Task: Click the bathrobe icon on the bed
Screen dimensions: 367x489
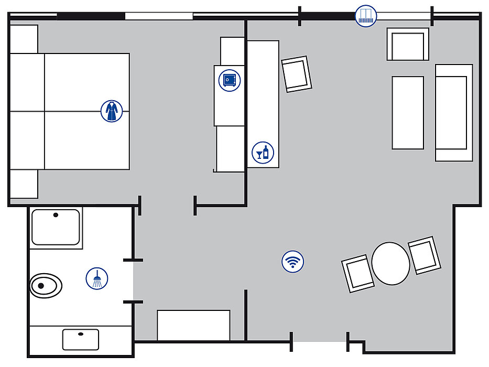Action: point(111,111)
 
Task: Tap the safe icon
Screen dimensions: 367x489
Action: point(229,80)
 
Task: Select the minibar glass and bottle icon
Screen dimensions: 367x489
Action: point(263,153)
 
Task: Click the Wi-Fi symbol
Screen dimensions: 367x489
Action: point(292,261)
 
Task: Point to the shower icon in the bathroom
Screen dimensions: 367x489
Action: point(97,278)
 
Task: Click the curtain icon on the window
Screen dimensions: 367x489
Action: point(366,16)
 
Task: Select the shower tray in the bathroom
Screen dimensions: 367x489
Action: point(56,228)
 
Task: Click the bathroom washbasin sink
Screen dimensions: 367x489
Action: point(81,339)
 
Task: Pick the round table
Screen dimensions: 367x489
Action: point(391,263)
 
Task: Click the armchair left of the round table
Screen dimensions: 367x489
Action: point(358,273)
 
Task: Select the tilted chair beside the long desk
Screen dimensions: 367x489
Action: point(297,74)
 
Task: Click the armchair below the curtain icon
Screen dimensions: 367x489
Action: point(408,44)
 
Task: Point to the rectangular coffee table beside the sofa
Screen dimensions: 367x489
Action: point(408,112)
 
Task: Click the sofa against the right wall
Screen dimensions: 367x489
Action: point(454,112)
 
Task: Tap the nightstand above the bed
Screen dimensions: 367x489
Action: point(24,39)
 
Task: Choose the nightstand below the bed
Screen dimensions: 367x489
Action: point(24,183)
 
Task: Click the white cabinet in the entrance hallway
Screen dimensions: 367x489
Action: point(193,325)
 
